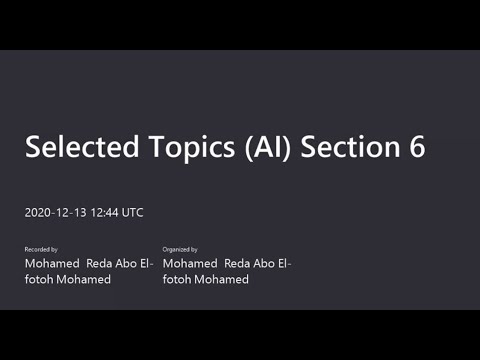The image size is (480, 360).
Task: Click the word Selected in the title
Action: [x=82, y=146]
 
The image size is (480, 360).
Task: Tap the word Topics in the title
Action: [x=192, y=148]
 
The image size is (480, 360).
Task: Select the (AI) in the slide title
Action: [x=268, y=147]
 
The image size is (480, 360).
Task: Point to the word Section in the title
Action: [x=350, y=146]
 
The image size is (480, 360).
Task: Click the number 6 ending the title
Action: [x=417, y=146]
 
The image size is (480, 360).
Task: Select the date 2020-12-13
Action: [x=55, y=213]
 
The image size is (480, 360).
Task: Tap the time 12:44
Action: [x=104, y=213]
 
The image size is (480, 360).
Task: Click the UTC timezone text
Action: [x=132, y=213]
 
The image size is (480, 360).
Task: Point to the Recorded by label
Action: [x=41, y=249]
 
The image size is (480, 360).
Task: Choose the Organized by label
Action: [x=180, y=249]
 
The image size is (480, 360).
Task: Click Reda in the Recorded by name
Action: [x=99, y=263]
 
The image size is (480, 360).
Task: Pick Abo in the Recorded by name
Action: [x=126, y=263]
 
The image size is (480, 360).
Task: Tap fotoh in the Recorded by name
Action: [x=39, y=279]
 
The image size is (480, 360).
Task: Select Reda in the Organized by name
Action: [x=237, y=263]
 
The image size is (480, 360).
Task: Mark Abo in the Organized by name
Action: [x=264, y=263]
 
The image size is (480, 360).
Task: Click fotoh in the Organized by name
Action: [x=177, y=279]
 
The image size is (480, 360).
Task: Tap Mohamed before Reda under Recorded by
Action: [x=52, y=263]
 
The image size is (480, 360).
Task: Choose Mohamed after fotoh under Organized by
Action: [x=221, y=279]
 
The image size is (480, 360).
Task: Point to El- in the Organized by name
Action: [x=285, y=263]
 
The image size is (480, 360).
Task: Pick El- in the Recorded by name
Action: [x=147, y=263]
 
